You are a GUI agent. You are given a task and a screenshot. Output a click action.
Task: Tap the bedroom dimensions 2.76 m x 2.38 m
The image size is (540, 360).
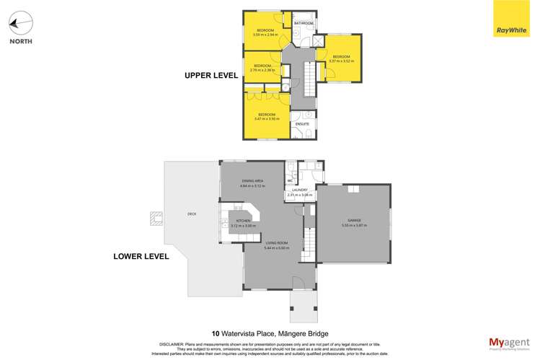[261, 70]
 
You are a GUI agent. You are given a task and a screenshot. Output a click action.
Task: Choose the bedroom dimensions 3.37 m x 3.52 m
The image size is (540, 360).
[341, 61]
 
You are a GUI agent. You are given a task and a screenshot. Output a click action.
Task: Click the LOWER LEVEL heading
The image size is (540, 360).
[141, 256]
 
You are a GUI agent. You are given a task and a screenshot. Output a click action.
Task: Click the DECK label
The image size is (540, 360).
[192, 214]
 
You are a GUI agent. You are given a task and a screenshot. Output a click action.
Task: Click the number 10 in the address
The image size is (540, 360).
[216, 333]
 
